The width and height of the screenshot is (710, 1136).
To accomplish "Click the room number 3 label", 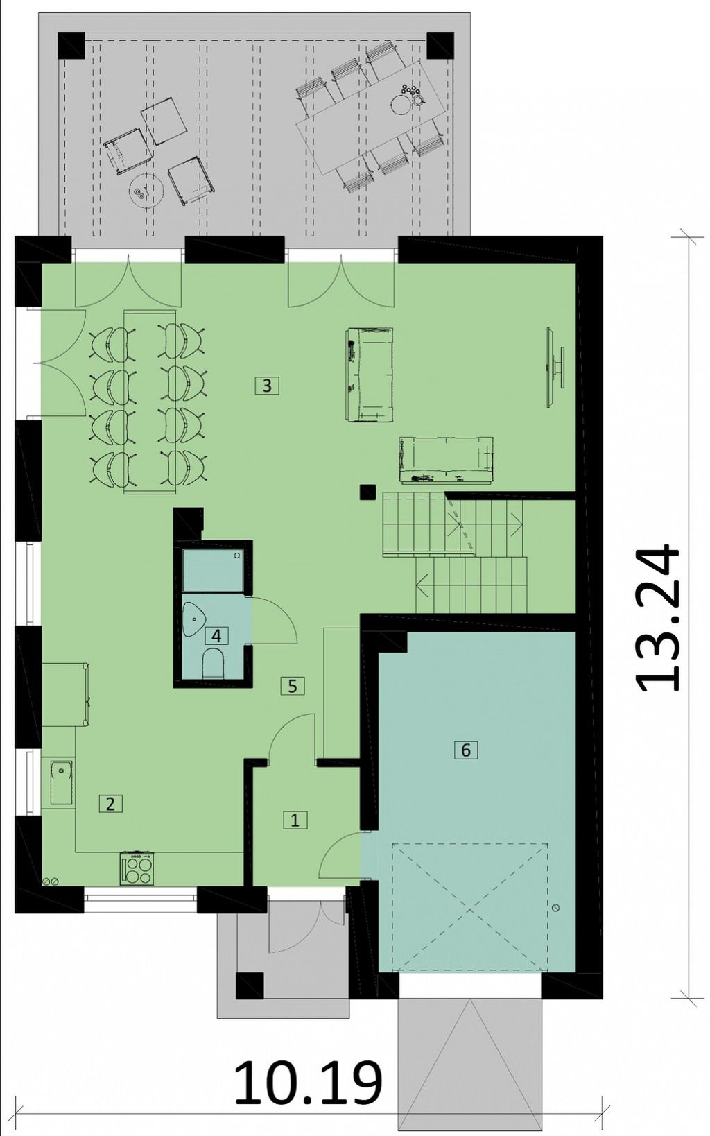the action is point(267,386).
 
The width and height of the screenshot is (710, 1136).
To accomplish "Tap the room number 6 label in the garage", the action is point(466,749).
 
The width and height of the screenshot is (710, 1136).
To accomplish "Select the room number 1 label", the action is point(295,820).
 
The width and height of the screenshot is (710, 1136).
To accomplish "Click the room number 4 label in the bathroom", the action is point(216,636).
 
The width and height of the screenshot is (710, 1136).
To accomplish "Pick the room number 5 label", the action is point(293,687).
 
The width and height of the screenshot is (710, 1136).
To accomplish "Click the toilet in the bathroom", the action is point(213,664).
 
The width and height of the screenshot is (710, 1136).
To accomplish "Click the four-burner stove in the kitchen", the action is point(137,869).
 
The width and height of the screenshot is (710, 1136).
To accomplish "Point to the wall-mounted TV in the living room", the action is point(554,367).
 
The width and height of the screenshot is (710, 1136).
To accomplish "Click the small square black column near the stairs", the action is point(367,492).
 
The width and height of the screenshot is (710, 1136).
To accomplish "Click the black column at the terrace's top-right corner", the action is point(440,46).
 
